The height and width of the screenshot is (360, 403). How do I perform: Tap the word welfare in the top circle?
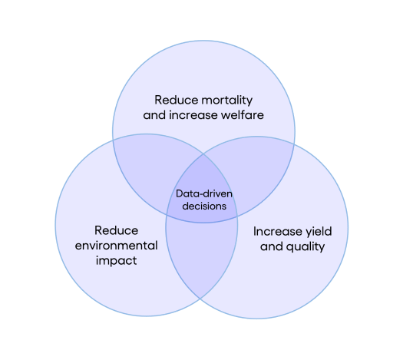pos(243,115)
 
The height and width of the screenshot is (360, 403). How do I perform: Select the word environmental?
pos(117,246)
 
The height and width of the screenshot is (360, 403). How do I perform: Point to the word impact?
pos(117,261)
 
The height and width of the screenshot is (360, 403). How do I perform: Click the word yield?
pos(319,231)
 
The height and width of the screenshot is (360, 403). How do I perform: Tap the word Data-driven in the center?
pos(204,193)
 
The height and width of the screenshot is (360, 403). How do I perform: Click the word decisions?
pos(204,206)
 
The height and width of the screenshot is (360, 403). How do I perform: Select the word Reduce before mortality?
pos(174,100)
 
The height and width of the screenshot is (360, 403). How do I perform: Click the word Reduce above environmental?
pos(116,230)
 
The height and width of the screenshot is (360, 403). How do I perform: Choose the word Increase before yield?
pos(278,231)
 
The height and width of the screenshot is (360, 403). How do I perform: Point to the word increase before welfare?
pos(193,115)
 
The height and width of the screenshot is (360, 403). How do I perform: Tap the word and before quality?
pos(272,246)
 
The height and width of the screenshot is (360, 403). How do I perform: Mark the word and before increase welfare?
pos(154,115)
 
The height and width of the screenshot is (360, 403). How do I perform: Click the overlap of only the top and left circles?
pos(149,170)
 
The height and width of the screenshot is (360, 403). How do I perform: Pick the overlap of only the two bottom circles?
pos(202,257)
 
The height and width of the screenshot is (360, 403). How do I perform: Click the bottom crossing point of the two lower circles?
pos(200,299)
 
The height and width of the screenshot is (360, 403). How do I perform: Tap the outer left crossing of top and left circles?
pos(113,140)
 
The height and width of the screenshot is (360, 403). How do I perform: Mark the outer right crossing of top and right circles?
pos(294,144)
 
